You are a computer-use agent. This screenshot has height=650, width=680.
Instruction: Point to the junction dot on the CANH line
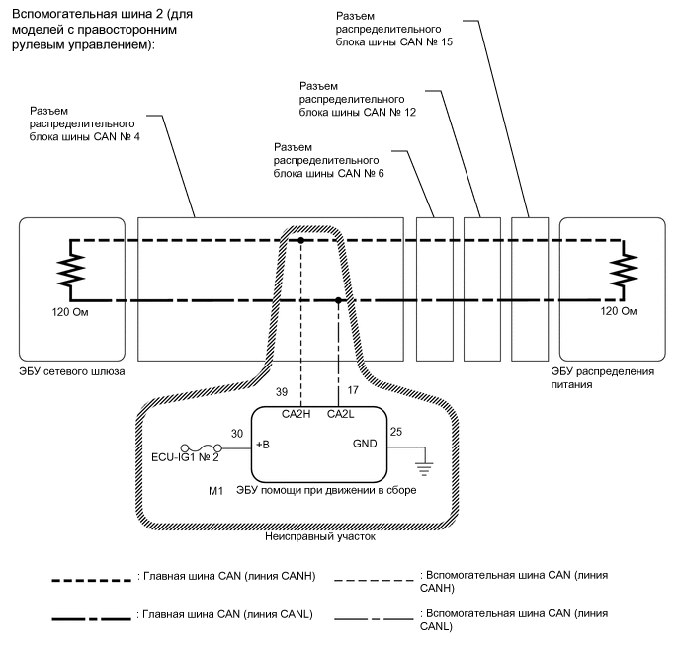point(302,239)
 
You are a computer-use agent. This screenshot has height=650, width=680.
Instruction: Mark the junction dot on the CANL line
point(339,299)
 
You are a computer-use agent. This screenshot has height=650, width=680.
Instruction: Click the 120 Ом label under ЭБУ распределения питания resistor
point(614,312)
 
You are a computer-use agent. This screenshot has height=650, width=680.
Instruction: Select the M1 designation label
point(213,490)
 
